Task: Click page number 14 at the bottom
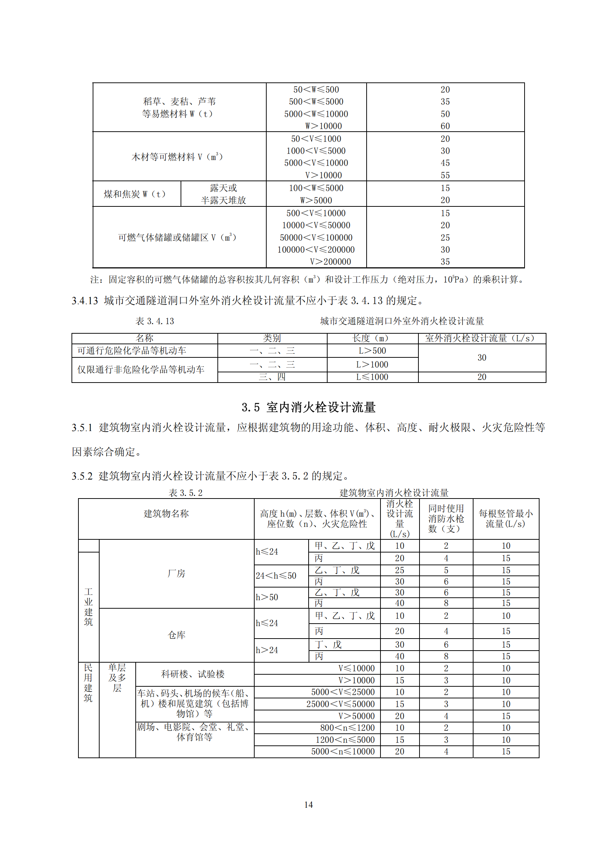tap(308, 805)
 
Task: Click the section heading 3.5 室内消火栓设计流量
tap(308, 407)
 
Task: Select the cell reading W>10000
tap(323, 126)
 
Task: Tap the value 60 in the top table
tap(445, 126)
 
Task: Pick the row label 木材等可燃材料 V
tap(177, 157)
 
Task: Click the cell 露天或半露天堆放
tap(223, 194)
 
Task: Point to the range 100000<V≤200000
tap(316, 250)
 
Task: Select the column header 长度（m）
tap(372, 338)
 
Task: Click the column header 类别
tap(272, 338)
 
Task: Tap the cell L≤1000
tap(372, 377)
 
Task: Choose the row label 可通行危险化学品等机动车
tap(132, 351)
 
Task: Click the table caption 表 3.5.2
tap(185, 493)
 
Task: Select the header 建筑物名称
tap(166, 514)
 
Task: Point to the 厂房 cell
tap(177, 573)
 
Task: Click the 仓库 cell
tap(177, 635)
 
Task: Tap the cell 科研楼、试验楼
tap(193, 674)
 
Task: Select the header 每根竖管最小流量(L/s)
tap(506, 519)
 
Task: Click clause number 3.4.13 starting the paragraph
tap(85, 301)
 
